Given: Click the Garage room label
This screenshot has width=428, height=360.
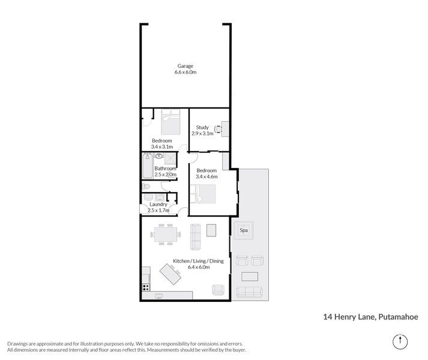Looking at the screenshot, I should [185, 65].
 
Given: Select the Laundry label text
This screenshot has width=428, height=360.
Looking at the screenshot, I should [158, 204].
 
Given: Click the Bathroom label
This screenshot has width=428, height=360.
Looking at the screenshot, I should [165, 169].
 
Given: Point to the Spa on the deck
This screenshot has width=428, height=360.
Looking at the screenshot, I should [244, 230].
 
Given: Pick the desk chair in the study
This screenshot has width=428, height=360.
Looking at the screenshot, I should [218, 128].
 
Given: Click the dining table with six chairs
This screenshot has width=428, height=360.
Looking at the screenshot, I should [165, 233].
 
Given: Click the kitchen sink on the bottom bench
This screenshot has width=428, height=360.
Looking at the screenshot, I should [158, 295].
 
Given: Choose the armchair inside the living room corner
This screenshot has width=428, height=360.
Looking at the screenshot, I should [217, 290].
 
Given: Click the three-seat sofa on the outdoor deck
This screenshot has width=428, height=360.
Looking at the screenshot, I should [250, 292].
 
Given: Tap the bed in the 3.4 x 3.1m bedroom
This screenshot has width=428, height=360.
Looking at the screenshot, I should [170, 121].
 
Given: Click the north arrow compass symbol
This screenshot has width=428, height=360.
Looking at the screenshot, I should [399, 341].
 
